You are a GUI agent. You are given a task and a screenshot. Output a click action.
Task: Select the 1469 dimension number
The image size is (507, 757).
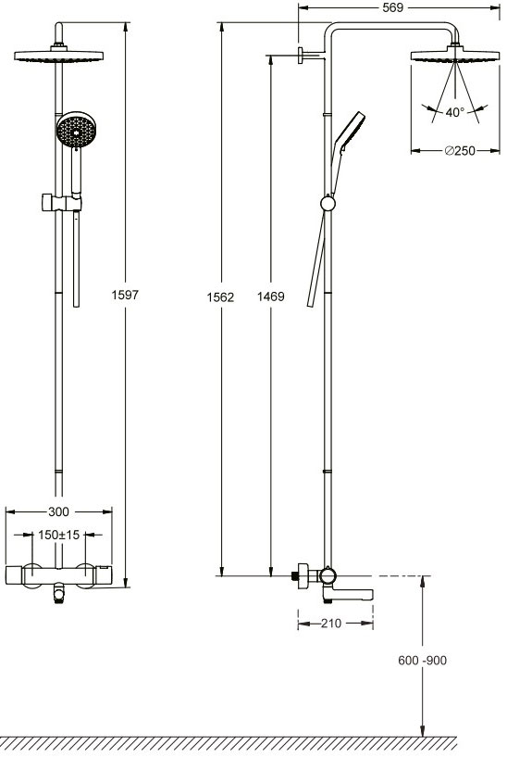point(269,297)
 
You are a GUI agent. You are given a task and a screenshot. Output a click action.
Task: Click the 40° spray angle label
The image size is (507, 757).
point(453,113)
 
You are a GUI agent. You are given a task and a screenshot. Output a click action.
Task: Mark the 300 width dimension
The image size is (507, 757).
point(59,511)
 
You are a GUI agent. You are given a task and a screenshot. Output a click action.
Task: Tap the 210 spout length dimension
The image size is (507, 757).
point(332,624)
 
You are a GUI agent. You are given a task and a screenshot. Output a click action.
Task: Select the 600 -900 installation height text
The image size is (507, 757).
point(422,660)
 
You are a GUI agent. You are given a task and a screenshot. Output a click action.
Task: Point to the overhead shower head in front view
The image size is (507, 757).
point(59,57)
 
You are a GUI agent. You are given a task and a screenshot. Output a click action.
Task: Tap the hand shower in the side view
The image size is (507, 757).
point(348,131)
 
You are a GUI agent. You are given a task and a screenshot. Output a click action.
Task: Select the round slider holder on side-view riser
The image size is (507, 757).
point(325,203)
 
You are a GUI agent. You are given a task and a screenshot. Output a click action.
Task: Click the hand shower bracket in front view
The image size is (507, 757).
point(59,201)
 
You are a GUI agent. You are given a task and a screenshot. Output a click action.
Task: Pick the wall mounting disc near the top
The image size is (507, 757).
point(303,56)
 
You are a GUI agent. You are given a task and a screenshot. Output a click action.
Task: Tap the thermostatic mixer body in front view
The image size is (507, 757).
point(59,575)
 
